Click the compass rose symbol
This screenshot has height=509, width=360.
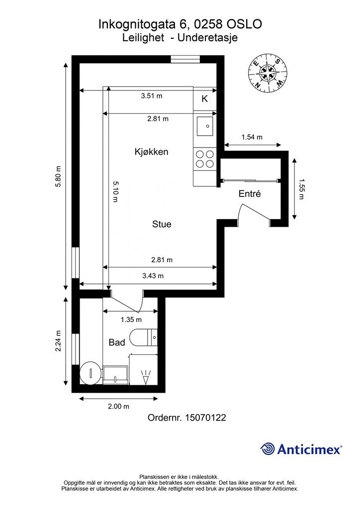(x=268, y=72)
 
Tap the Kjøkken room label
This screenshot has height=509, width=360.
(x=151, y=152)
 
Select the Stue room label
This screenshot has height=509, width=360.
(x=162, y=224)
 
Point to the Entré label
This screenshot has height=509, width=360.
(x=250, y=194)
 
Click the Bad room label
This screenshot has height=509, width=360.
(x=117, y=342)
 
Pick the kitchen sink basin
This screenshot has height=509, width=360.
(x=205, y=126)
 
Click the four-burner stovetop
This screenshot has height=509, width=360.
(x=205, y=159)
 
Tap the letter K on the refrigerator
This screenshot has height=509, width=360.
(x=204, y=99)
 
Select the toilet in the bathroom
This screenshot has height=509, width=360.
(x=143, y=338)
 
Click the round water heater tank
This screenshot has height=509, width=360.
(x=91, y=373)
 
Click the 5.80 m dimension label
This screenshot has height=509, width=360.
(x=58, y=176)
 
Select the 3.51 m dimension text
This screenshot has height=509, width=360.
(x=152, y=96)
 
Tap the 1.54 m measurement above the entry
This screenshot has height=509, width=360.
(x=252, y=137)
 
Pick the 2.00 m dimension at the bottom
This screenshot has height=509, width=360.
(x=118, y=406)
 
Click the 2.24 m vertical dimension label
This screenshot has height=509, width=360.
(x=58, y=341)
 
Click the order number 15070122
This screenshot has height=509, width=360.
(x=205, y=418)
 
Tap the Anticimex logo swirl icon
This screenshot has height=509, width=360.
(x=268, y=449)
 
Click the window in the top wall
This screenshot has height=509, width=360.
(x=185, y=59)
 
